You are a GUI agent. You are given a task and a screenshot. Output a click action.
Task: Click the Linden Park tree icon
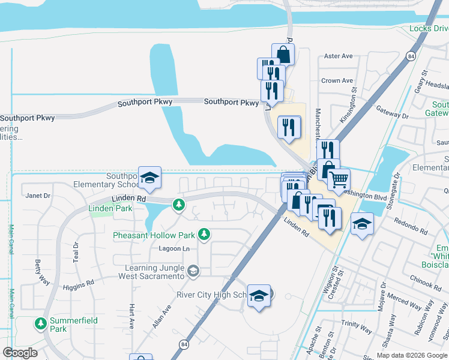point(178,205)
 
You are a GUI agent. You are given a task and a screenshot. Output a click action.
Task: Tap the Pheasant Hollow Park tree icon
point(205,234)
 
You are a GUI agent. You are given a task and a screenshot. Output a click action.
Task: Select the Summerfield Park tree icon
point(40,324)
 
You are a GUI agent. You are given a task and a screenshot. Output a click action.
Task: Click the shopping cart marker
point(339,179)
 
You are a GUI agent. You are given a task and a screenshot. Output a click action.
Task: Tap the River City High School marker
point(259,296)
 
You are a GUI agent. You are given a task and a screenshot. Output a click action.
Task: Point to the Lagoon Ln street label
point(173,248)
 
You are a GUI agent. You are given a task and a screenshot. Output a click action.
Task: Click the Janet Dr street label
point(38,196)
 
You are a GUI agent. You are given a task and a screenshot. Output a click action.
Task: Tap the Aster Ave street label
point(338,56)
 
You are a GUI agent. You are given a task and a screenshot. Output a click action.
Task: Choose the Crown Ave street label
point(337,80)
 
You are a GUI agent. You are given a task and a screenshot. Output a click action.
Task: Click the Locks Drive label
point(429,28)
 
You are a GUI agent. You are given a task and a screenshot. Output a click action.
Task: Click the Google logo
point(20,353)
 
